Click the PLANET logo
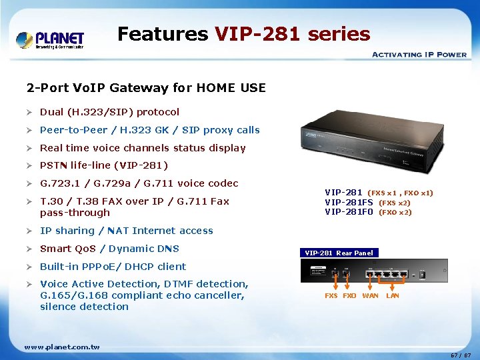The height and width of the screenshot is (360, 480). [51, 39]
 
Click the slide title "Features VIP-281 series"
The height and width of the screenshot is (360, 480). [243, 33]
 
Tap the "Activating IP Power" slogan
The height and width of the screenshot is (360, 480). [419, 55]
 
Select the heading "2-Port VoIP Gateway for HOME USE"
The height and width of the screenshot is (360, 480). [146, 88]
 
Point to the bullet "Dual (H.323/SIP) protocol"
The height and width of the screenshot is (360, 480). [109, 112]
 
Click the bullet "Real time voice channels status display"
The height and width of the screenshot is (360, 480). [143, 148]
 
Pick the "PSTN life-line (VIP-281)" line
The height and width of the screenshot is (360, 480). [104, 165]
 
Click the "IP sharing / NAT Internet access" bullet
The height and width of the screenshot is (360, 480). [127, 231]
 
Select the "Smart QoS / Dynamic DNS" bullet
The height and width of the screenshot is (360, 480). [109, 249]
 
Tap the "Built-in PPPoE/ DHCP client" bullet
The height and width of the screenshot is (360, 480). [113, 267]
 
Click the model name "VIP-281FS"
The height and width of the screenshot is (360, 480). [349, 203]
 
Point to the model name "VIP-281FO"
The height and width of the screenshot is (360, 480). [349, 212]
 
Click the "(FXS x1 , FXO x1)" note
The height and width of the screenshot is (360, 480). [401, 193]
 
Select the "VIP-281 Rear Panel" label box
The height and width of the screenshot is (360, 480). [339, 253]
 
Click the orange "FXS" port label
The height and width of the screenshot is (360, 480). [331, 295]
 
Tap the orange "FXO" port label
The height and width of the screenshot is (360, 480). [349, 295]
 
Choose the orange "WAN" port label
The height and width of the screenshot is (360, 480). [370, 295]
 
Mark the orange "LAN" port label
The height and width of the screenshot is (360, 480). [393, 295]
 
